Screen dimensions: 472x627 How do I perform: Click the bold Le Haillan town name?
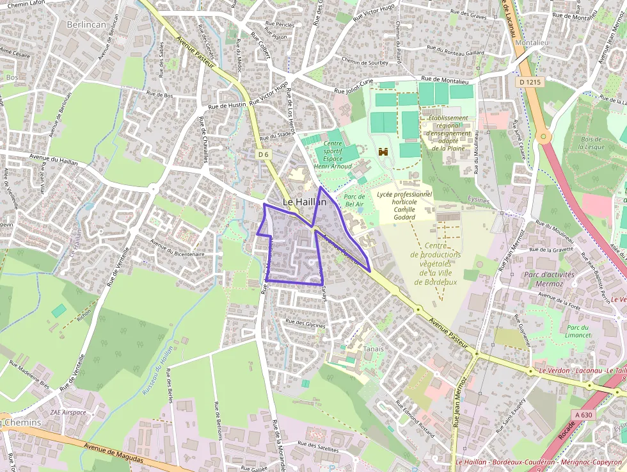(x=305, y=202)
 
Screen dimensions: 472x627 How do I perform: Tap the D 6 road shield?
(x=264, y=154)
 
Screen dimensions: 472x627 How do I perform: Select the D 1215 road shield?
(x=530, y=82)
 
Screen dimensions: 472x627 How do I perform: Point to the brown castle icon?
(x=384, y=152)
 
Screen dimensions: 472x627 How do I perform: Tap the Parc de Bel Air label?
(x=354, y=200)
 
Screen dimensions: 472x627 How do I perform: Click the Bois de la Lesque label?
(x=592, y=143)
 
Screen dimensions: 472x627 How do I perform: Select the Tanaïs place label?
(x=374, y=348)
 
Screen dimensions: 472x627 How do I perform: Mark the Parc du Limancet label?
(x=560, y=331)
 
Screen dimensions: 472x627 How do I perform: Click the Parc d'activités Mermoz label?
(x=549, y=279)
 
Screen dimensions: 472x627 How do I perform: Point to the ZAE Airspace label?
(x=68, y=412)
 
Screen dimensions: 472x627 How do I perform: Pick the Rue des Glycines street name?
(x=305, y=323)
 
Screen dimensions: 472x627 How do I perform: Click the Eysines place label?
(x=479, y=200)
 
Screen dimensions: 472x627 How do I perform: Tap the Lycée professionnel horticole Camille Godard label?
(x=404, y=205)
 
